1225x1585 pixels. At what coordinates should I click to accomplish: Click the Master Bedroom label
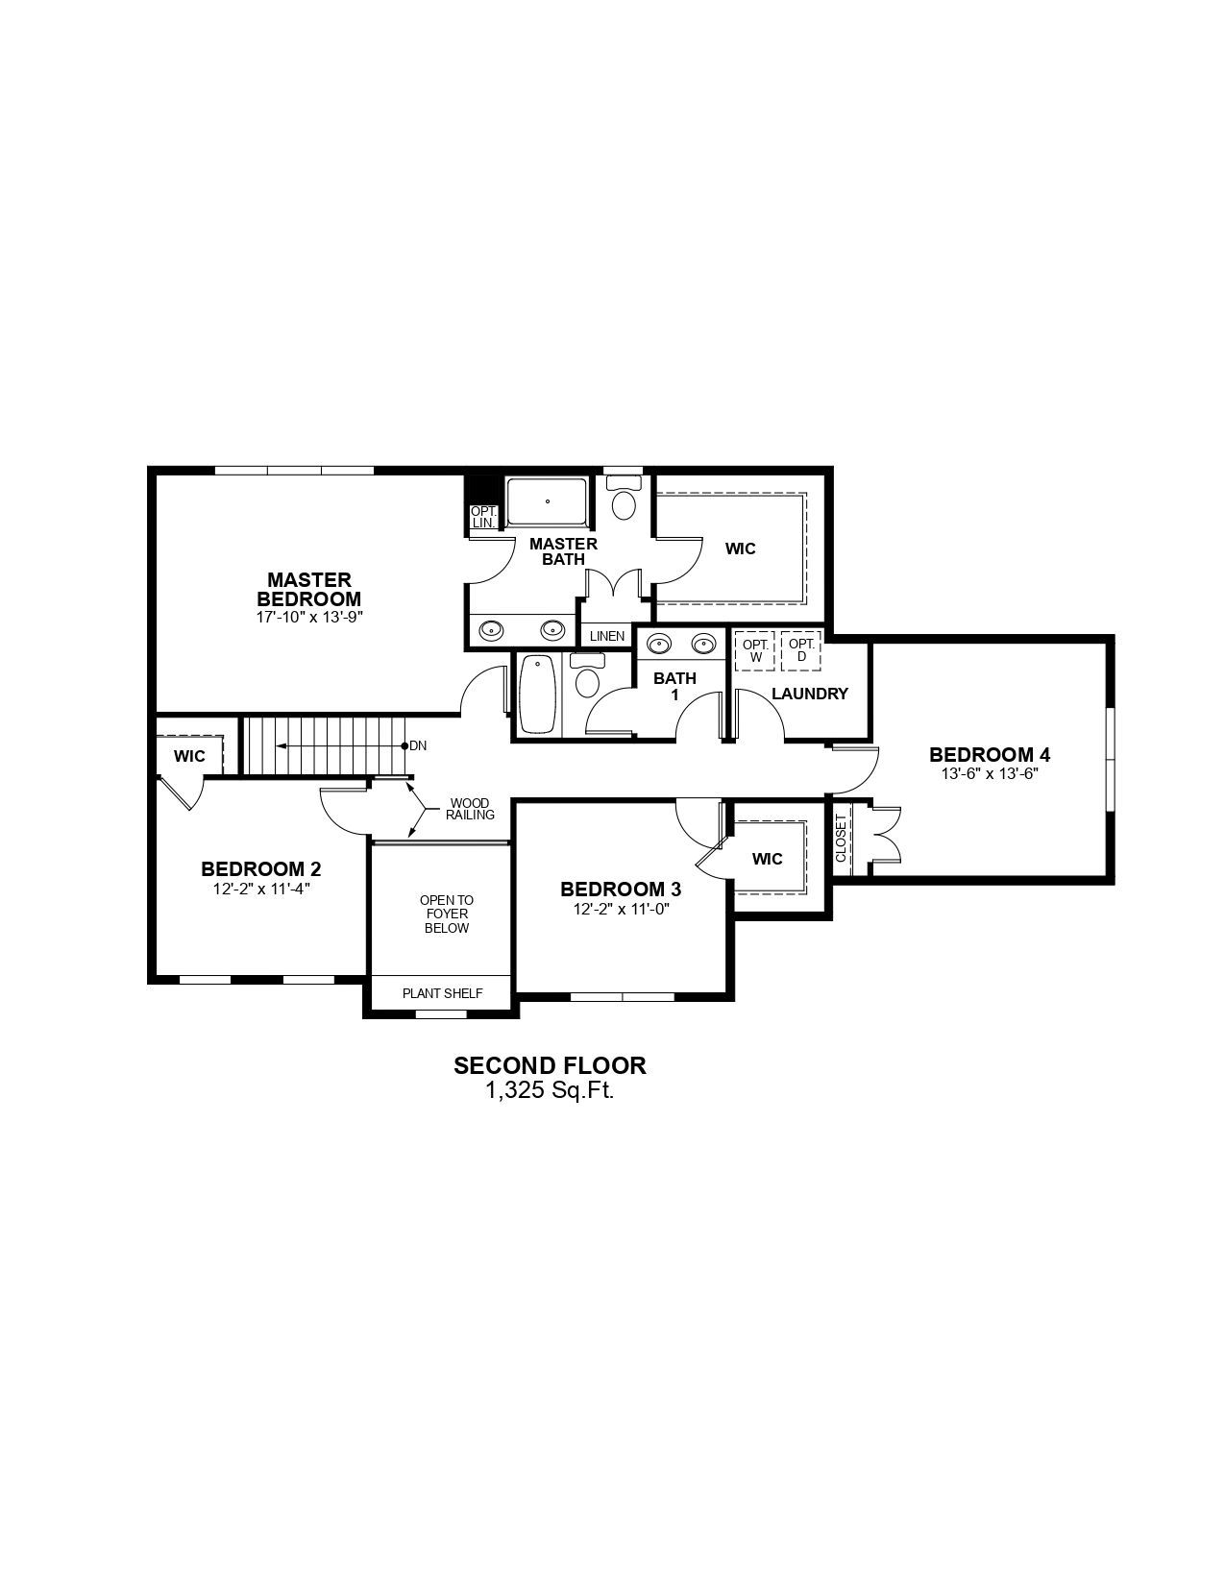click(x=308, y=589)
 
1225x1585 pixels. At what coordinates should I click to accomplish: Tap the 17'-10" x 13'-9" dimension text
click(x=309, y=617)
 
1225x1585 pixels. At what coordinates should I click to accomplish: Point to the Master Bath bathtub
click(x=547, y=501)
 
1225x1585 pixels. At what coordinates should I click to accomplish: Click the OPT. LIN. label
click(x=483, y=517)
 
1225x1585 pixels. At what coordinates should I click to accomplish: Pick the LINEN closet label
click(x=607, y=636)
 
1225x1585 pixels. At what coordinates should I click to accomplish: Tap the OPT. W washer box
click(x=755, y=650)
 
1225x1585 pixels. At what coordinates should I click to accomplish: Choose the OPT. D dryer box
click(x=801, y=650)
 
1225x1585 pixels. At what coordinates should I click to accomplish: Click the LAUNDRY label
click(x=810, y=694)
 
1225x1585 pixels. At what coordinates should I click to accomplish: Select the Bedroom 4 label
click(x=990, y=754)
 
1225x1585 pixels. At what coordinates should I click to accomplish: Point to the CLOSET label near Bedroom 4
click(x=842, y=838)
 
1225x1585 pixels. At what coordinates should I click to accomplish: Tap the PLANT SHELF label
click(x=442, y=993)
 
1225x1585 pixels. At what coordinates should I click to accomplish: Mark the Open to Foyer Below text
click(x=447, y=914)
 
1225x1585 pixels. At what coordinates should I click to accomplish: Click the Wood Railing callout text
click(x=470, y=809)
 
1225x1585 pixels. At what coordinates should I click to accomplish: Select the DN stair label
click(x=418, y=746)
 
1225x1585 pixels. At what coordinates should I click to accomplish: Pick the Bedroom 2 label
click(x=261, y=868)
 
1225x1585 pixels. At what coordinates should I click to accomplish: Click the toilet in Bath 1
click(x=587, y=676)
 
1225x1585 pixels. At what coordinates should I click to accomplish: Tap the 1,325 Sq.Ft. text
click(x=550, y=1091)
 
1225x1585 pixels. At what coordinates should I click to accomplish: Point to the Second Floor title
click(x=551, y=1065)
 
